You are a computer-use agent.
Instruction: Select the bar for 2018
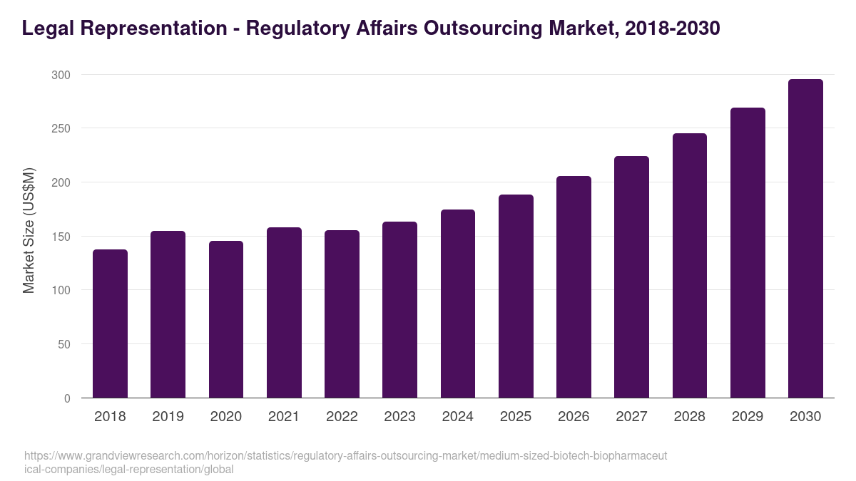click(110, 324)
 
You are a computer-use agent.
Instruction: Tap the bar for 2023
click(399, 310)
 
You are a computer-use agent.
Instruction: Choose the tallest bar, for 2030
click(805, 239)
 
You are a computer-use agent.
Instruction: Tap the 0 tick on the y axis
click(67, 398)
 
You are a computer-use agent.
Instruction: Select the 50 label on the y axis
click(64, 344)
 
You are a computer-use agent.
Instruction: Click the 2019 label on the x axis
click(168, 417)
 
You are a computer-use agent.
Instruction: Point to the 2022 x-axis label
click(342, 417)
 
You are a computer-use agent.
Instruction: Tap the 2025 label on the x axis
click(516, 417)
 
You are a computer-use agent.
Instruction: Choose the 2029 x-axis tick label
click(748, 417)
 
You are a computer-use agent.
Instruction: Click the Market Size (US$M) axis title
click(29, 229)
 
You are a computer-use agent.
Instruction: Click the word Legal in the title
click(45, 29)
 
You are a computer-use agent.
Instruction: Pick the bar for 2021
click(284, 313)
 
